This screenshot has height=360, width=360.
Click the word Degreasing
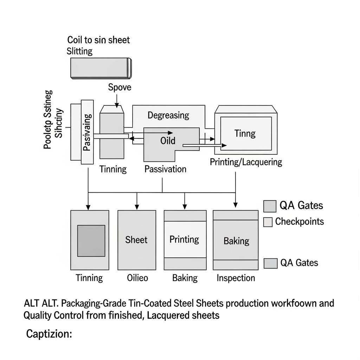point(168,115)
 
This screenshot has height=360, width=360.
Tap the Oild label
point(168,141)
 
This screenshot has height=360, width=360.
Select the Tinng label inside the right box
point(245,134)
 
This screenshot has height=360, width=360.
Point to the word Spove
point(120,87)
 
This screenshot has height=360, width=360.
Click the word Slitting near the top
point(79,51)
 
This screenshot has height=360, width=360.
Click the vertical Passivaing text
point(87,132)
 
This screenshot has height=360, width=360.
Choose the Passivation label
point(165,169)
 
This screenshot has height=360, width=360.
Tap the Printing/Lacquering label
point(246,162)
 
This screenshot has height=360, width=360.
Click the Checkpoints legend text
point(300,221)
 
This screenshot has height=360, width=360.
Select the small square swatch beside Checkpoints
point(268,222)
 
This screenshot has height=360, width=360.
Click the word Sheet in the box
point(136,240)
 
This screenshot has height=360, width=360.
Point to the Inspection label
point(236,278)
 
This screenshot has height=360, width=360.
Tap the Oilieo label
point(137,278)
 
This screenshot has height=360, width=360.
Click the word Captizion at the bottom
point(49,334)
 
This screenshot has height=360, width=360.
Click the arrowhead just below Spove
point(117,105)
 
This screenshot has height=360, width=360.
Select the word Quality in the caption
point(38,315)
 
